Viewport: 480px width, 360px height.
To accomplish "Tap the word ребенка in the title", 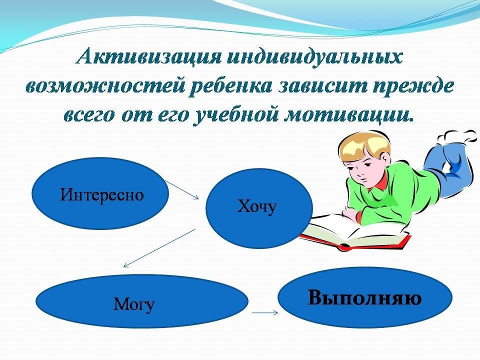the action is tap(231, 86).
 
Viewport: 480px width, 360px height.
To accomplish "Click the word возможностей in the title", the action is tap(105, 86).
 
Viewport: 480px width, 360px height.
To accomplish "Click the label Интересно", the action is tap(101, 194).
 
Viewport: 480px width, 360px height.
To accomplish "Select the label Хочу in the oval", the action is tap(257, 206).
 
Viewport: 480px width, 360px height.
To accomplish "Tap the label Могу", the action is tap(134, 304).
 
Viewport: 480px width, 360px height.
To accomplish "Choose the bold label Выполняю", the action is tap(364, 297).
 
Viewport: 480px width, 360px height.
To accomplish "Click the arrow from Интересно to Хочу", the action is tap(182, 190).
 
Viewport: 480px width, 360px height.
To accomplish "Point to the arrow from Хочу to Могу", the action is tap(159, 248).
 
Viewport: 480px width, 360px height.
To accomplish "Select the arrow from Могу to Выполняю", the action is tap(265, 312).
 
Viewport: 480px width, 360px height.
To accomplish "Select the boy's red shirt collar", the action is tap(379, 184).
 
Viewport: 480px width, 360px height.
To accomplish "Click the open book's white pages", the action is tap(352, 230).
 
